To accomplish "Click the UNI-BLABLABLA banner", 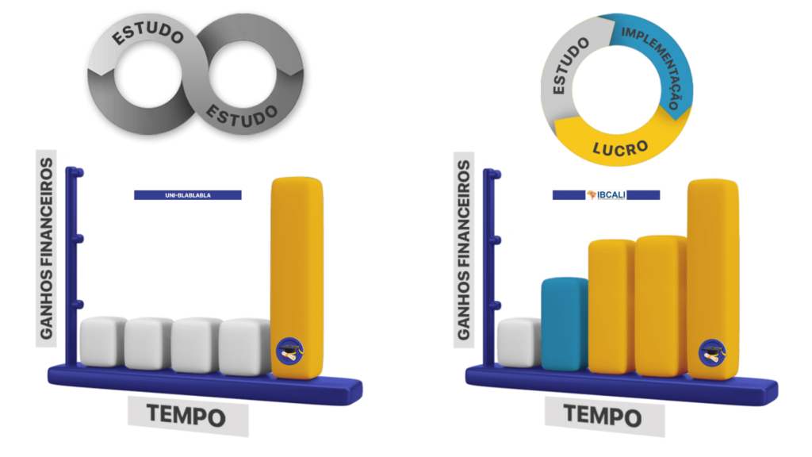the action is (x=187, y=195).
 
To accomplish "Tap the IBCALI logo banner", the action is (x=606, y=195).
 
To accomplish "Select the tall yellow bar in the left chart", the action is (x=297, y=278).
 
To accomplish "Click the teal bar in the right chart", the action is (x=565, y=324).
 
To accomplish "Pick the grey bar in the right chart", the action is (x=519, y=343).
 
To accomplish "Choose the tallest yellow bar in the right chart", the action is (x=713, y=279).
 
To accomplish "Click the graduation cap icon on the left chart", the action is (x=290, y=351).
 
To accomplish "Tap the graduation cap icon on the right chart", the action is (x=712, y=353).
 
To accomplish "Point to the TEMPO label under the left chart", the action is (x=186, y=416).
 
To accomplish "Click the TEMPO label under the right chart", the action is (x=603, y=416).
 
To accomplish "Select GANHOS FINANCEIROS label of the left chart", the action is (x=46, y=248).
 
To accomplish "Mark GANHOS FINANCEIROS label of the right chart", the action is (x=463, y=250).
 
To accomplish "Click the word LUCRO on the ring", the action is (x=620, y=148).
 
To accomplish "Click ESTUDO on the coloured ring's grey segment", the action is (x=569, y=66).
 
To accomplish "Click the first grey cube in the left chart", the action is (x=102, y=341).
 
